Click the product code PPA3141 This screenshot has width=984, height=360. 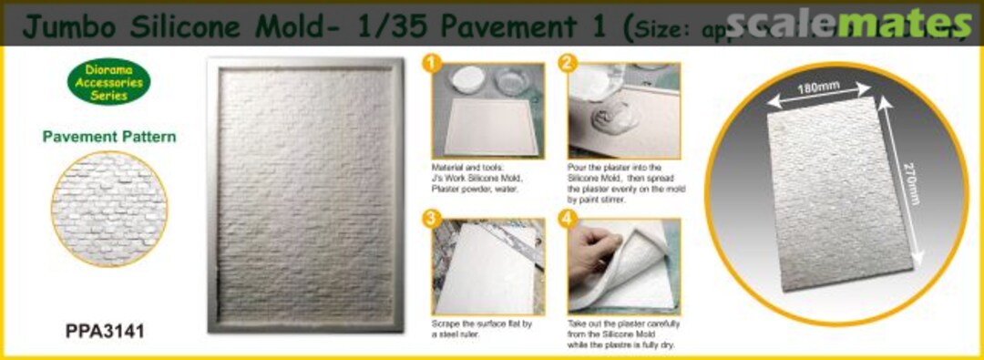click(x=105, y=333)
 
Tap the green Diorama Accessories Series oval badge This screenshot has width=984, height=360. click(x=108, y=82)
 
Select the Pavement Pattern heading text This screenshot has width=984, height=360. click(x=108, y=138)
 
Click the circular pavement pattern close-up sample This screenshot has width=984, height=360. click(x=108, y=208)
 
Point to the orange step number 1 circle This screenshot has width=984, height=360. click(x=433, y=65)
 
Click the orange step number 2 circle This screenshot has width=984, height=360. click(x=569, y=65)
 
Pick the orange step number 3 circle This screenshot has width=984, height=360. click(x=433, y=221)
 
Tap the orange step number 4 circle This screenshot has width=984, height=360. click(x=569, y=221)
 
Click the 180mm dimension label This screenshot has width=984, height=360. click(x=817, y=88)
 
